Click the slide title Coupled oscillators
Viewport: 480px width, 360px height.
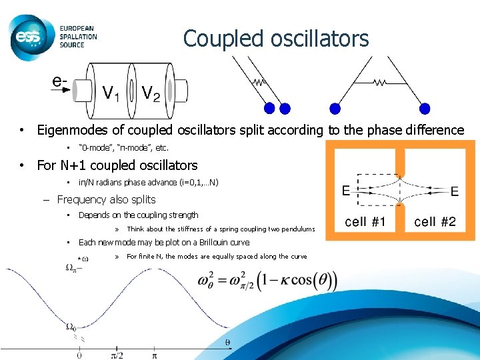(x=275, y=38)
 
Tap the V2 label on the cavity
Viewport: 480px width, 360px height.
(x=151, y=93)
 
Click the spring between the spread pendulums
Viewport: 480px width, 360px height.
(x=379, y=83)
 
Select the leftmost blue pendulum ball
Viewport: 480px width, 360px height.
(x=270, y=109)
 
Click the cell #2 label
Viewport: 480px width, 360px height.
(x=435, y=222)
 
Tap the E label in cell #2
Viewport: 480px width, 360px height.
(x=454, y=191)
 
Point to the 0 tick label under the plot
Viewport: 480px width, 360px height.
(x=79, y=355)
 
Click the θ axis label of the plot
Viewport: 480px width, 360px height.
(x=227, y=342)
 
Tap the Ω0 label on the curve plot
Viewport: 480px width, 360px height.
(x=70, y=327)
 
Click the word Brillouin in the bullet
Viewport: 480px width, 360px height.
(x=200, y=243)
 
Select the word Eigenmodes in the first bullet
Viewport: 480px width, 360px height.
(x=73, y=130)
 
